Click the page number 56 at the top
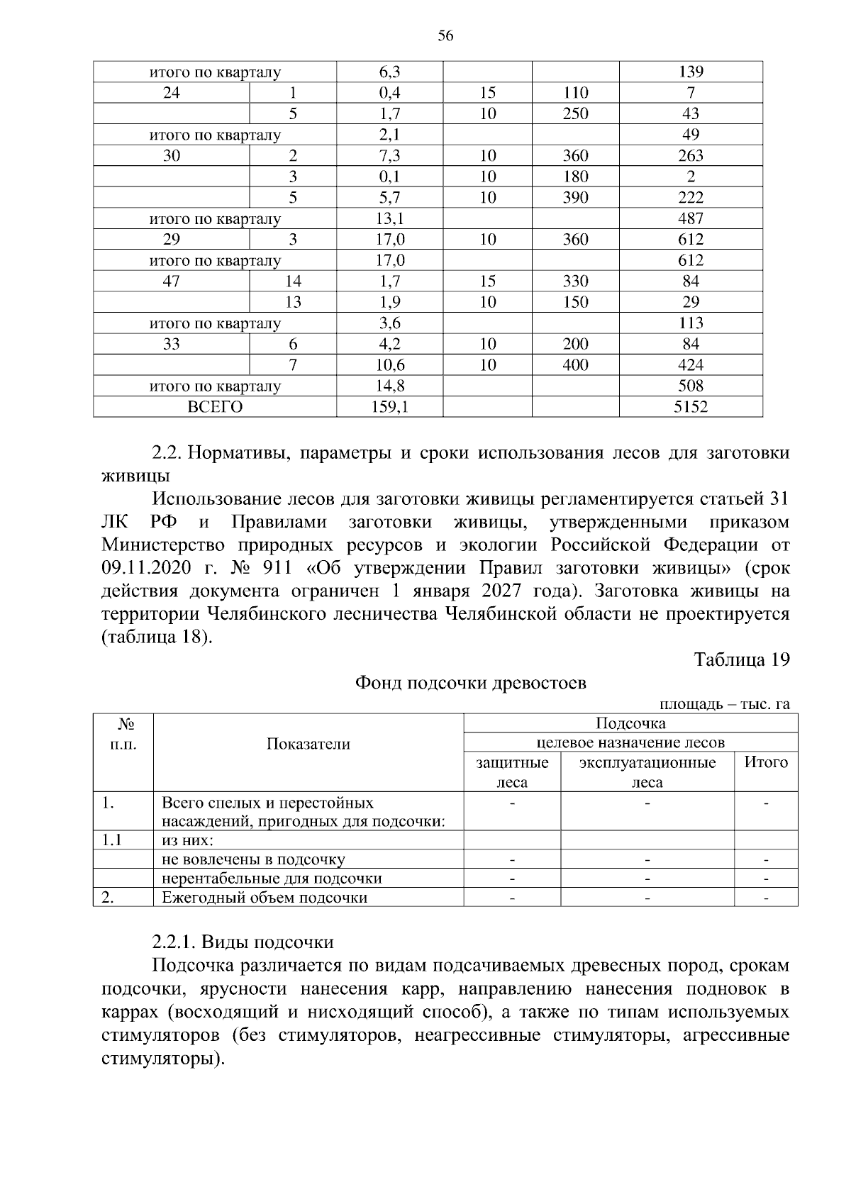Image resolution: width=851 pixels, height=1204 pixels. (x=445, y=36)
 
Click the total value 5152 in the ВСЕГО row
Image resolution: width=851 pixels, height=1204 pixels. (x=691, y=407)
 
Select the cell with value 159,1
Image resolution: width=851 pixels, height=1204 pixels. (x=389, y=407)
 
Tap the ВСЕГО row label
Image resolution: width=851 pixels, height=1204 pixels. (x=214, y=407)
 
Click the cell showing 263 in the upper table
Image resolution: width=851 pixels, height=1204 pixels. (x=691, y=156)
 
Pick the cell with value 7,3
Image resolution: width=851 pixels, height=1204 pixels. (x=389, y=156)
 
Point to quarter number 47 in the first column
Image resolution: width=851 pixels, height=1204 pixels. (x=172, y=282)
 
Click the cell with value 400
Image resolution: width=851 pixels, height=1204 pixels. (x=575, y=365)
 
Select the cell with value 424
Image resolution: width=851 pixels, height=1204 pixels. (x=691, y=365)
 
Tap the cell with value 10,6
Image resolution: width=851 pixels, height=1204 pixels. (x=389, y=365)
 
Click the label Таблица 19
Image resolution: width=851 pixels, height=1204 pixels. (x=742, y=659)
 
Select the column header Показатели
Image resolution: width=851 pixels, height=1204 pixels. (x=308, y=744)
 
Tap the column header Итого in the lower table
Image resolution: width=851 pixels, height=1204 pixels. (x=765, y=763)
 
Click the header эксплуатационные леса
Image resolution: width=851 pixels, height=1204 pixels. (x=647, y=772)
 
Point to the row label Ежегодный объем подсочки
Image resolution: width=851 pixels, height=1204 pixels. (x=265, y=898)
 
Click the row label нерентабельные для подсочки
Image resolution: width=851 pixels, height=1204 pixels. (x=272, y=879)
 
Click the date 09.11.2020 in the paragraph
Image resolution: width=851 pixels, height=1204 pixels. (x=148, y=569)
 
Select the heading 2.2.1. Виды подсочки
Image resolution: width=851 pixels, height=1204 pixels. (x=243, y=942)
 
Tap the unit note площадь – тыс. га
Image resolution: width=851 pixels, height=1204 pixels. (x=724, y=704)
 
